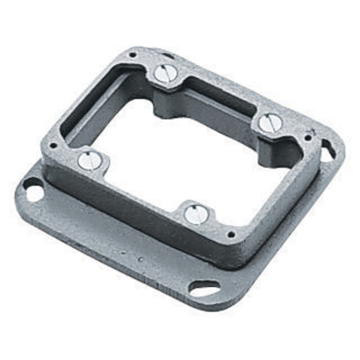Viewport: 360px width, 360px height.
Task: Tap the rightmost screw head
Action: [268, 124]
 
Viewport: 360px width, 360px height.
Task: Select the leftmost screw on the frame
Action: [86, 160]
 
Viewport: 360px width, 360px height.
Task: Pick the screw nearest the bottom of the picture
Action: [194, 214]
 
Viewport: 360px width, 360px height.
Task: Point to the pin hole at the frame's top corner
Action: [131, 55]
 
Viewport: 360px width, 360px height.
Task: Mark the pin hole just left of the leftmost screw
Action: [53, 146]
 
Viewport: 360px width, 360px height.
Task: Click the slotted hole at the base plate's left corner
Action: [32, 187]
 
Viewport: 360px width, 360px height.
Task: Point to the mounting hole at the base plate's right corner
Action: [328, 150]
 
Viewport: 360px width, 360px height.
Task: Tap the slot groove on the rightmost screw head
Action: [268, 124]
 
